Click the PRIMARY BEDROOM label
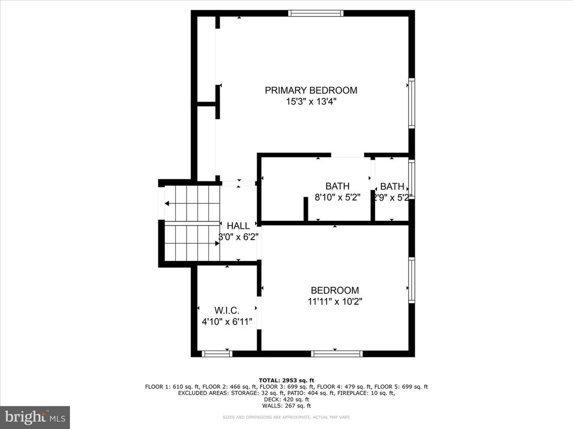click(x=311, y=90)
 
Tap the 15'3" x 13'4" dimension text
click(x=311, y=101)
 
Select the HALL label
click(x=238, y=226)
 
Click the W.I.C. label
click(x=227, y=311)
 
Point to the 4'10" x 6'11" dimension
click(x=227, y=322)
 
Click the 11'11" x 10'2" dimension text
click(x=335, y=301)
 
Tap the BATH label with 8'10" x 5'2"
click(x=337, y=186)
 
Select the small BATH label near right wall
click(x=392, y=186)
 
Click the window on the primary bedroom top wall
click(x=315, y=13)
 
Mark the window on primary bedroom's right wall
click(x=412, y=103)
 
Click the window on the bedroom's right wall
click(x=412, y=281)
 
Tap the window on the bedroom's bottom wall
click(x=337, y=353)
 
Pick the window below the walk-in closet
click(x=216, y=353)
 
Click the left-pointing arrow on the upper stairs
click(x=168, y=203)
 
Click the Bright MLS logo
click(x=35, y=417)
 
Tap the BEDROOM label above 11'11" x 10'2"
click(x=335, y=290)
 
